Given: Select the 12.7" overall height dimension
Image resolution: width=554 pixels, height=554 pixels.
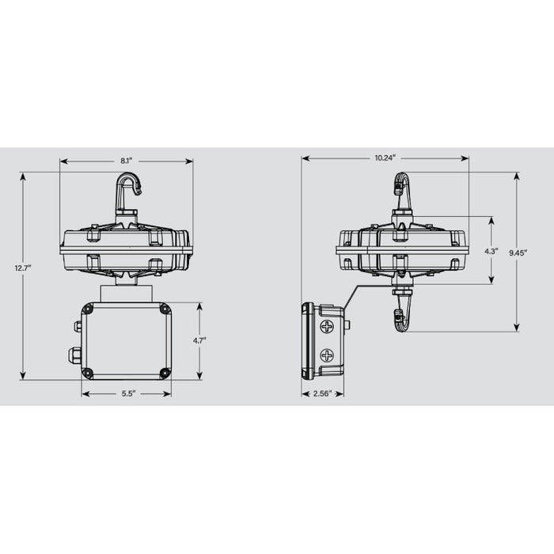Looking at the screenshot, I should point(23,268).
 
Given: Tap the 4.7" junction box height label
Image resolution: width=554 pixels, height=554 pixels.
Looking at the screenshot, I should point(199,340).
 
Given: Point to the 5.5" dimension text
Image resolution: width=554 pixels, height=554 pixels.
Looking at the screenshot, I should point(127,393).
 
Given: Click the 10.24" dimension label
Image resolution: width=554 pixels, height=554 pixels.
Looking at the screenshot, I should point(385,158).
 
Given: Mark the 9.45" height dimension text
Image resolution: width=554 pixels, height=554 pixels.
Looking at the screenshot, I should point(518,252).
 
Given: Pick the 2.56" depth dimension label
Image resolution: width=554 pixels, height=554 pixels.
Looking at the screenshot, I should point(322,393).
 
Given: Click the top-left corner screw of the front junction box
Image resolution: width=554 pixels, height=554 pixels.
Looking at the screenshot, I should point(88,309).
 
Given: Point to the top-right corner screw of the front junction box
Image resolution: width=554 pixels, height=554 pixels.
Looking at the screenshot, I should point(165,309).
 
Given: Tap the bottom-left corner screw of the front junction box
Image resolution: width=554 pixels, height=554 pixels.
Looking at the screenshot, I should point(88,373).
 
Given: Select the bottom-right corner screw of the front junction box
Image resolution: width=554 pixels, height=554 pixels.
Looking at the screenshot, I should point(165,373).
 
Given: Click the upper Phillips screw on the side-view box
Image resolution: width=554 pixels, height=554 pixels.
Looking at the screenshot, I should point(327,326).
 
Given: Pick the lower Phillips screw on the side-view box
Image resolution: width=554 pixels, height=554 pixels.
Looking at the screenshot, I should point(327,356).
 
